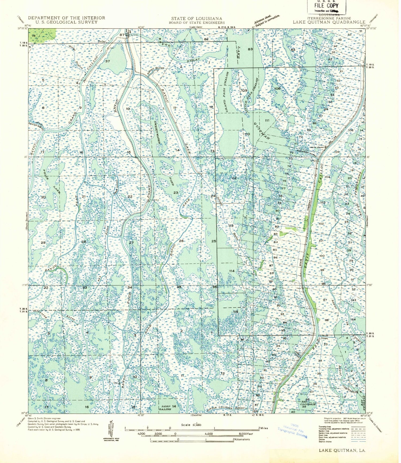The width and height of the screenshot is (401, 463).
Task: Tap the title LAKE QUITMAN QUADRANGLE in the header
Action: pos(329,22)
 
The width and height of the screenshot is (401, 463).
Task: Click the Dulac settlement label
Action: pos(102,41)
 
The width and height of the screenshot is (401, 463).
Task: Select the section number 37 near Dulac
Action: pos(108,61)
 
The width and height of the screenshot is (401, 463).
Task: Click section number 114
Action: pos(232,271)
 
